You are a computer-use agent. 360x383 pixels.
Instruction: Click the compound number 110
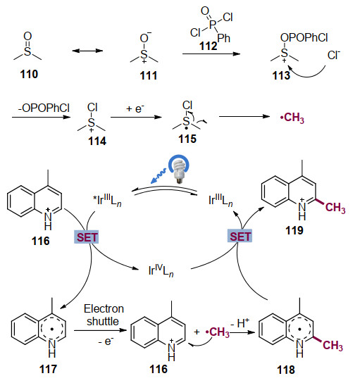(x=29, y=74)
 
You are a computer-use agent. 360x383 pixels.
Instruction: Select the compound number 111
(x=149, y=75)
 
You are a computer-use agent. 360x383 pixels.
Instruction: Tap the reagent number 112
(x=209, y=46)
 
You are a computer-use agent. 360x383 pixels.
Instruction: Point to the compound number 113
(x=281, y=75)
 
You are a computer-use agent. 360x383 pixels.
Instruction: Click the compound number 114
(x=97, y=142)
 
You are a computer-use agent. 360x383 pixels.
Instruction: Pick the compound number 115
(x=187, y=139)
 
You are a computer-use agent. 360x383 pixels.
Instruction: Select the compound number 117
(x=48, y=369)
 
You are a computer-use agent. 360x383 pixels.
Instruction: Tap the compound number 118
(x=286, y=370)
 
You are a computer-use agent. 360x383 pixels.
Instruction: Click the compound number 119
(x=294, y=230)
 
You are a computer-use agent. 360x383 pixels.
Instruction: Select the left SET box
(x=86, y=237)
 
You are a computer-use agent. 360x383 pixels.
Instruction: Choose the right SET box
(x=240, y=236)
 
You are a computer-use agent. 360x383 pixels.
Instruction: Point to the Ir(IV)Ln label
(x=161, y=270)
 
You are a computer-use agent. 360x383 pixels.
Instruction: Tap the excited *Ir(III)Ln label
(x=107, y=200)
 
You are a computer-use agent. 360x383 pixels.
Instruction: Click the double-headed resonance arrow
(x=88, y=51)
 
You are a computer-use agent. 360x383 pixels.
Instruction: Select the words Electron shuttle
(x=104, y=315)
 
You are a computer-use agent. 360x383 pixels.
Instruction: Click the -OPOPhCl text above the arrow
(x=44, y=108)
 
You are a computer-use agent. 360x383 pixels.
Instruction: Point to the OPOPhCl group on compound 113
(x=304, y=37)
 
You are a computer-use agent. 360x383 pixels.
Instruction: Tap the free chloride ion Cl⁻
(x=334, y=55)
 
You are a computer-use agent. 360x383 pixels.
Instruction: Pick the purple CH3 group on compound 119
(x=335, y=208)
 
